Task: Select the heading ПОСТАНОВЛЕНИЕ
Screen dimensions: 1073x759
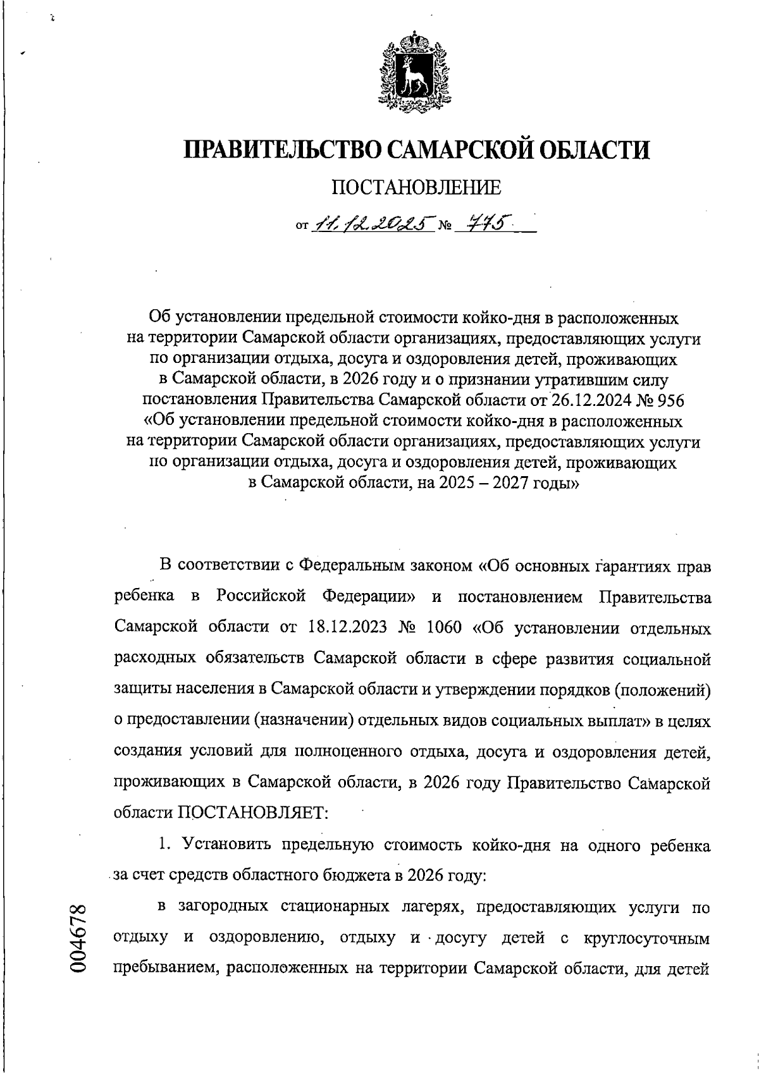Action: click(x=416, y=187)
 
